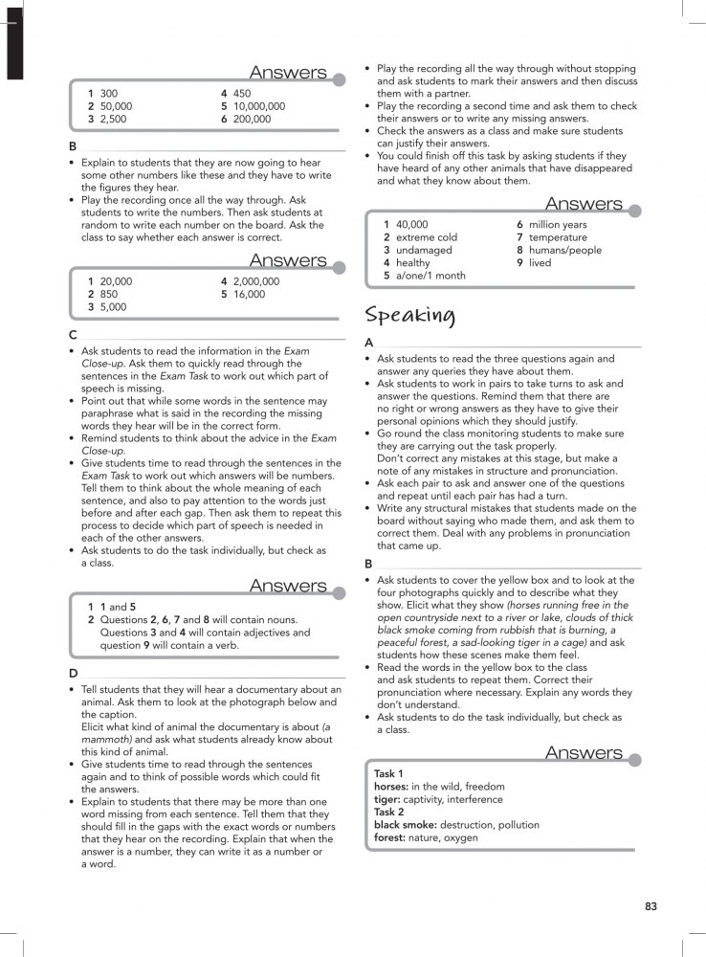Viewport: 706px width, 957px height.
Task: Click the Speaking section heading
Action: click(410, 315)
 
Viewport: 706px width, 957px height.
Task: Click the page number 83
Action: click(651, 906)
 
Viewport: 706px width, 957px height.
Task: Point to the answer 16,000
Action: click(249, 295)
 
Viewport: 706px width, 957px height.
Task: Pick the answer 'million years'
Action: click(558, 225)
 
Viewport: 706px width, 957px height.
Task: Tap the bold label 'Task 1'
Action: click(388, 773)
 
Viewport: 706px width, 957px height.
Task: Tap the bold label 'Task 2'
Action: click(388, 812)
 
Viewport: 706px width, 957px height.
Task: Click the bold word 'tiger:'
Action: click(387, 799)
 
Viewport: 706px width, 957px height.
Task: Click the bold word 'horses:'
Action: click(391, 787)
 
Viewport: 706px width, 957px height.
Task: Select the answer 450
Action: click(242, 94)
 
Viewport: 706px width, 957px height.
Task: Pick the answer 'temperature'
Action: click(558, 237)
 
